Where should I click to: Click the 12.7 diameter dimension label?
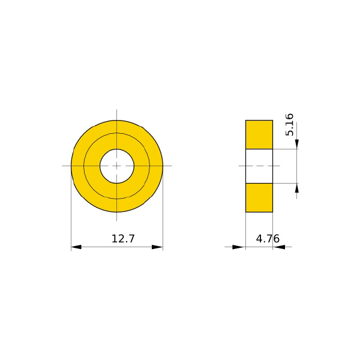click(123, 239)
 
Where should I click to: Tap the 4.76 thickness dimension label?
click(268, 239)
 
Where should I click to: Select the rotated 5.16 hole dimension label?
click(289, 124)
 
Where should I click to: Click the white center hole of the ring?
click(117, 166)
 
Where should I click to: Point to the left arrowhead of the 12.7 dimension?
click(76, 247)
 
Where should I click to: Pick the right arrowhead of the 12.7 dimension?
click(157, 247)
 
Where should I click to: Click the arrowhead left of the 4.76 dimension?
click(238, 247)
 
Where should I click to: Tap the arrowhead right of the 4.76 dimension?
click(279, 247)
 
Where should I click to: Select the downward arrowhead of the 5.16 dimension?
click(297, 144)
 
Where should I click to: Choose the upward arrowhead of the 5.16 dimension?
click(297, 188)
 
